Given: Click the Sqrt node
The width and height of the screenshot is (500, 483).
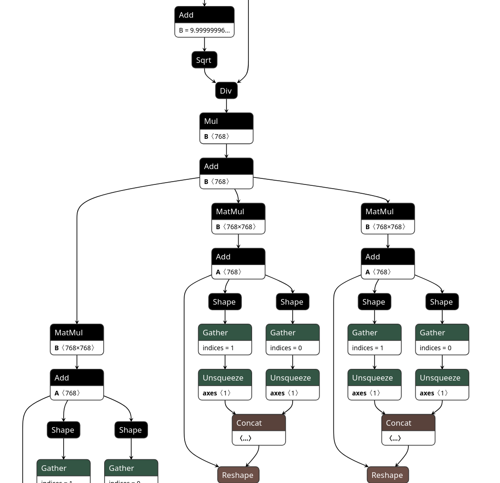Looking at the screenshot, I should coord(204,60).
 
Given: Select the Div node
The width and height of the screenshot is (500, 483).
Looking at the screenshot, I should coord(226,91).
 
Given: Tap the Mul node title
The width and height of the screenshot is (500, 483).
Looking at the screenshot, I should coord(226,121).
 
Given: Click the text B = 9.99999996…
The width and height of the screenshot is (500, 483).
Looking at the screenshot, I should coord(204,30).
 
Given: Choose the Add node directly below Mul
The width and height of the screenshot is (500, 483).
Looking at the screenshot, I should coord(226,166).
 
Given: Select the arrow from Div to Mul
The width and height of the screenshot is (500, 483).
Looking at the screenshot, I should coord(227,106).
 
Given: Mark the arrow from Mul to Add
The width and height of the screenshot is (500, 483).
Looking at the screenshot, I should coord(227,151).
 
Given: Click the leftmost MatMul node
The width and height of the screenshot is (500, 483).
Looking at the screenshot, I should coord(77,333).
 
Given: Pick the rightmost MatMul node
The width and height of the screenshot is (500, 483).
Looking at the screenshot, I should coord(387,211).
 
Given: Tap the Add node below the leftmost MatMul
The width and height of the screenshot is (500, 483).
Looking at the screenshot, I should coord(77,378).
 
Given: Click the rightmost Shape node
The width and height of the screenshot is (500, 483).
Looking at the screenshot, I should coord(442,302).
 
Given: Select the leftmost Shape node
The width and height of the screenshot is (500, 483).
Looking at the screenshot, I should coord(63,430).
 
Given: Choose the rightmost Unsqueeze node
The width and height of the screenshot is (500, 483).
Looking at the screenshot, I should coord(442,378).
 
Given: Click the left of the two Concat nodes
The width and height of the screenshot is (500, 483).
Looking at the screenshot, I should coord(259,423).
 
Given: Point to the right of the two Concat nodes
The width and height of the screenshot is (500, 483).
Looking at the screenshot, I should coord(408,423).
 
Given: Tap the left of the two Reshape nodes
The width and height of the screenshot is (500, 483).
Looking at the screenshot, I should coord(238,475).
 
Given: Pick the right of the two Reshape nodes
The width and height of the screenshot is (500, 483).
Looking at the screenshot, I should coord(387,475).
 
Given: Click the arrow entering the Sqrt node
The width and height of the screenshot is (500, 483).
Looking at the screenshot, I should coord(205,44).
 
